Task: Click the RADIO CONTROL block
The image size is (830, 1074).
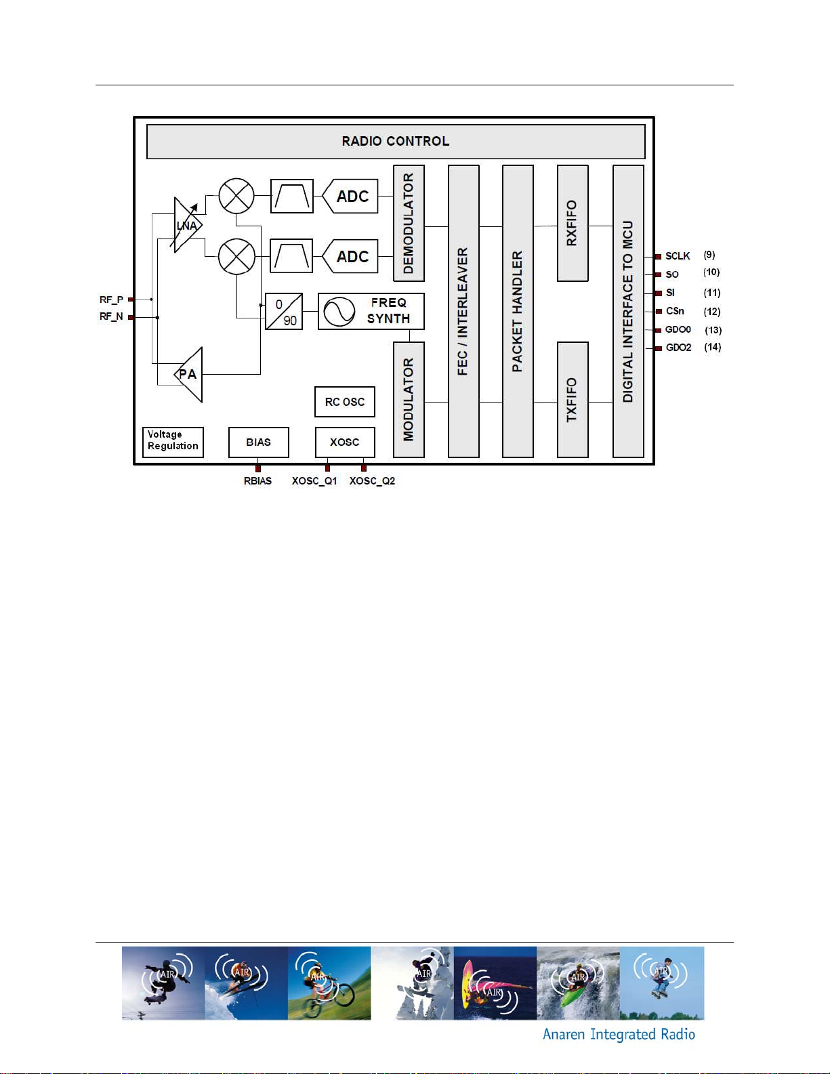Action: point(396,142)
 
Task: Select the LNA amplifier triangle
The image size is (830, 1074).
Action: point(188,226)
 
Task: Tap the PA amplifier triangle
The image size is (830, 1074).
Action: point(189,375)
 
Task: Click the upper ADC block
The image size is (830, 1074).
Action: point(350,197)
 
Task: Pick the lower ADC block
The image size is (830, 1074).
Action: point(350,257)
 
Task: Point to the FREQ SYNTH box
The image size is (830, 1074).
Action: point(371,312)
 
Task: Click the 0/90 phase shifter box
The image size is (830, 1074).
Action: point(284,312)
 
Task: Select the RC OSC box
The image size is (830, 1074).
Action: point(345,402)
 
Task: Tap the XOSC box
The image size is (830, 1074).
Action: point(345,442)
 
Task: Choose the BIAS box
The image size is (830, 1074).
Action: point(258,442)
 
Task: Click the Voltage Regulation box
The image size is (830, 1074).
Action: point(173,442)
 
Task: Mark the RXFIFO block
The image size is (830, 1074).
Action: point(573,224)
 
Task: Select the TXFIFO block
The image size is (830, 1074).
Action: point(573,400)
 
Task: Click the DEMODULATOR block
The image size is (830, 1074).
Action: point(409,224)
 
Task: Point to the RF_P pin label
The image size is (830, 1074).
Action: point(111,300)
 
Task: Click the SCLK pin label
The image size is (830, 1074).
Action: point(678,256)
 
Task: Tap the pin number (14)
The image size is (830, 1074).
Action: point(712,347)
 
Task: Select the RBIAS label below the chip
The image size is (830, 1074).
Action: point(257,481)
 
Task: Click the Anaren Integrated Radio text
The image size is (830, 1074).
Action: point(619,1035)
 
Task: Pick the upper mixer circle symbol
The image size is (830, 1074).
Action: point(236,197)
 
